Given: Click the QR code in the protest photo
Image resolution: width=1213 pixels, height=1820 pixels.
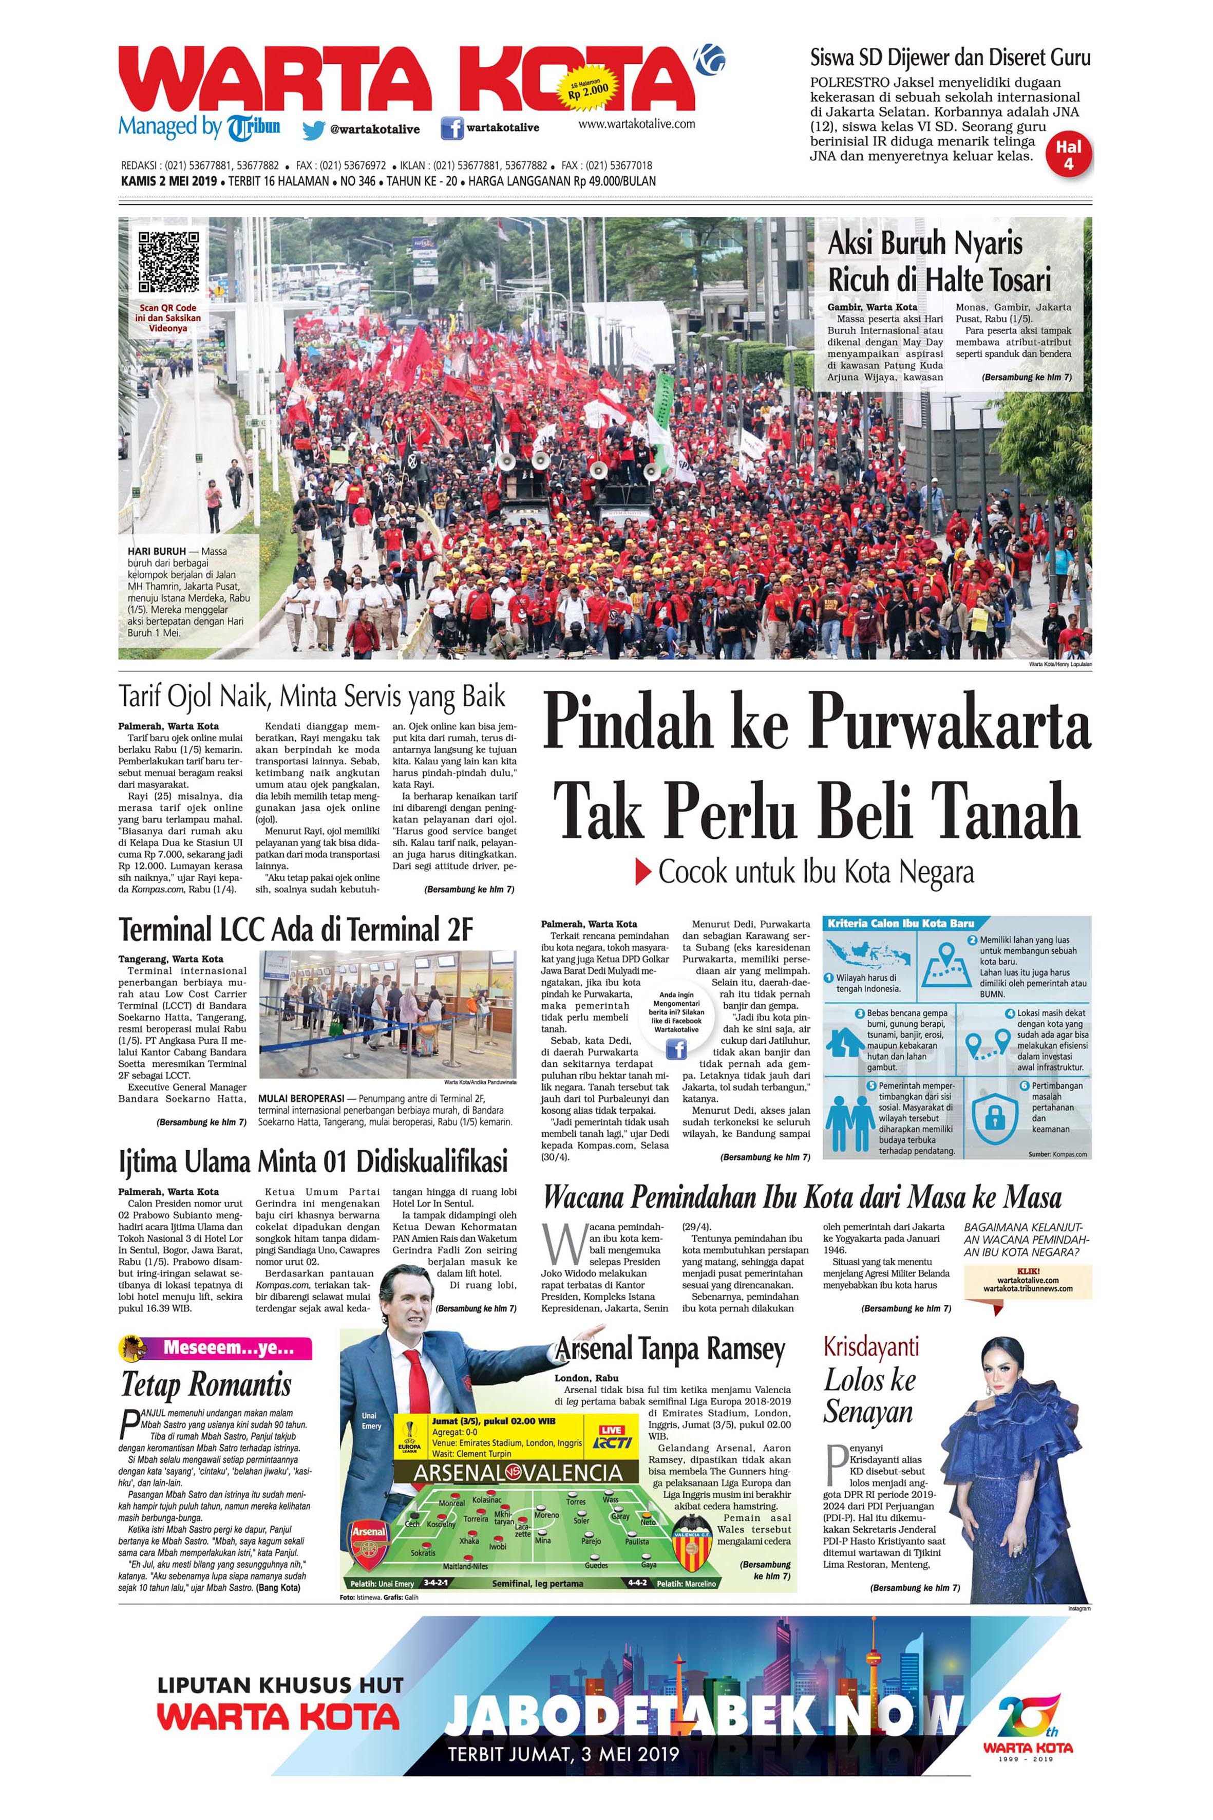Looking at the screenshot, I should click(x=168, y=261).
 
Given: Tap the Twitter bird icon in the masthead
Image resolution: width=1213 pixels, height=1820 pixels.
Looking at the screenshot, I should click(x=313, y=130).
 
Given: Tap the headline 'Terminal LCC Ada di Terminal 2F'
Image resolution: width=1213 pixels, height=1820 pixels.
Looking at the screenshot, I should click(x=295, y=929).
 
